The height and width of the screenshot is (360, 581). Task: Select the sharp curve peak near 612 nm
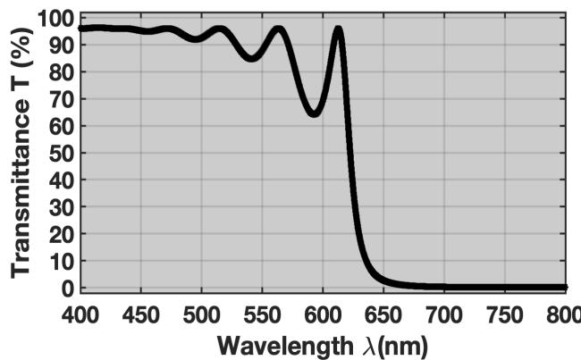pyautogui.click(x=338, y=29)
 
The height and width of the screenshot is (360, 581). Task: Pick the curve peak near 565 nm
pyautogui.click(x=280, y=29)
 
